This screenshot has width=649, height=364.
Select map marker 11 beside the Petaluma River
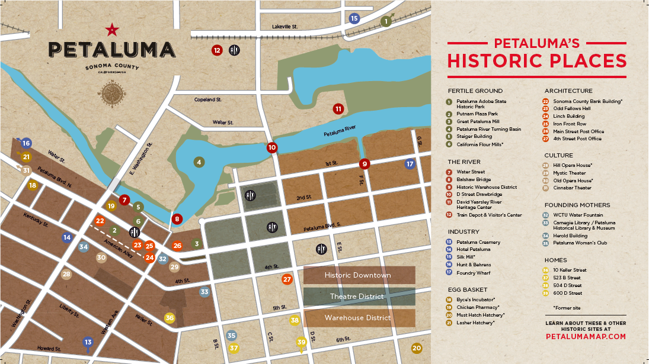pyautogui.click(x=338, y=109)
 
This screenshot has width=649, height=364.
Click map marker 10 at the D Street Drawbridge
pyautogui.click(x=272, y=147)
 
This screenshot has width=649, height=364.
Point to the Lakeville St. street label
pyautogui.click(x=284, y=27)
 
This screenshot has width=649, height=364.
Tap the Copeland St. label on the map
pyautogui.click(x=207, y=99)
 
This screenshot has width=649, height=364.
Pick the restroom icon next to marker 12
pyautogui.click(x=234, y=50)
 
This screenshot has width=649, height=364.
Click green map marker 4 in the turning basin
pyautogui.click(x=200, y=162)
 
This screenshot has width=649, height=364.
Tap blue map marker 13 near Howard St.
pyautogui.click(x=88, y=342)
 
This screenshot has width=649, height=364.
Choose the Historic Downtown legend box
pyautogui.click(x=359, y=275)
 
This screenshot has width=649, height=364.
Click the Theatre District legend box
pyautogui.click(x=359, y=297)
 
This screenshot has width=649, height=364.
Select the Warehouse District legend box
pyautogui.click(x=359, y=318)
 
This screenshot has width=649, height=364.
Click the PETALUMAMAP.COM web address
pyautogui.click(x=586, y=336)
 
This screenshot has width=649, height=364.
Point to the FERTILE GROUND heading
pyautogui.click(x=475, y=91)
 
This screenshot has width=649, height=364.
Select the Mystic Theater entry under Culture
pyautogui.click(x=569, y=173)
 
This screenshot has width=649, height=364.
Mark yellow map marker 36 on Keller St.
pyautogui.click(x=170, y=318)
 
